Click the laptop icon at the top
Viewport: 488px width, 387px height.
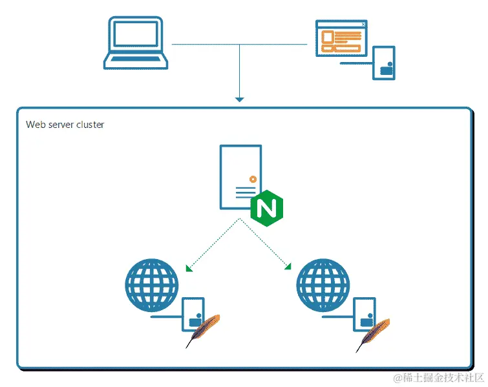(136, 43)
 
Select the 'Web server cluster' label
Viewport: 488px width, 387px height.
(65, 125)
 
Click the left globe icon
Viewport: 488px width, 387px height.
(151, 284)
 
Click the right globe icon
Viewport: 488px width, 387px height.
(322, 284)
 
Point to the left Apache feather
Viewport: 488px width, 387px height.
(204, 330)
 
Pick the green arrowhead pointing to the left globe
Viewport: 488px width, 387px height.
(189, 268)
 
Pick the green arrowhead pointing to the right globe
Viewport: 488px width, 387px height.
(288, 266)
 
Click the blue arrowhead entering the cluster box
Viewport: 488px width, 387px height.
(240, 99)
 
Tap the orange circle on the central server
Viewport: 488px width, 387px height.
(253, 178)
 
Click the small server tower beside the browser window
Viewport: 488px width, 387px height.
(384, 63)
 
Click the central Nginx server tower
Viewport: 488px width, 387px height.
(240, 176)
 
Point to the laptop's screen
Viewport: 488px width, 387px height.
(136, 35)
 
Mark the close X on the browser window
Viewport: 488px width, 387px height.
(363, 25)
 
